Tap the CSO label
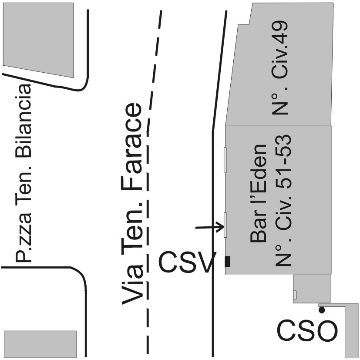point(307,332)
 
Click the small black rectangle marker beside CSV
point(227,262)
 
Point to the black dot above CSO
point(322,310)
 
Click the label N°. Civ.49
point(280,68)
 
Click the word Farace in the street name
point(132,148)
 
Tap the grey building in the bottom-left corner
point(40,343)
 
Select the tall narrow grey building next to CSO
point(351,331)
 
